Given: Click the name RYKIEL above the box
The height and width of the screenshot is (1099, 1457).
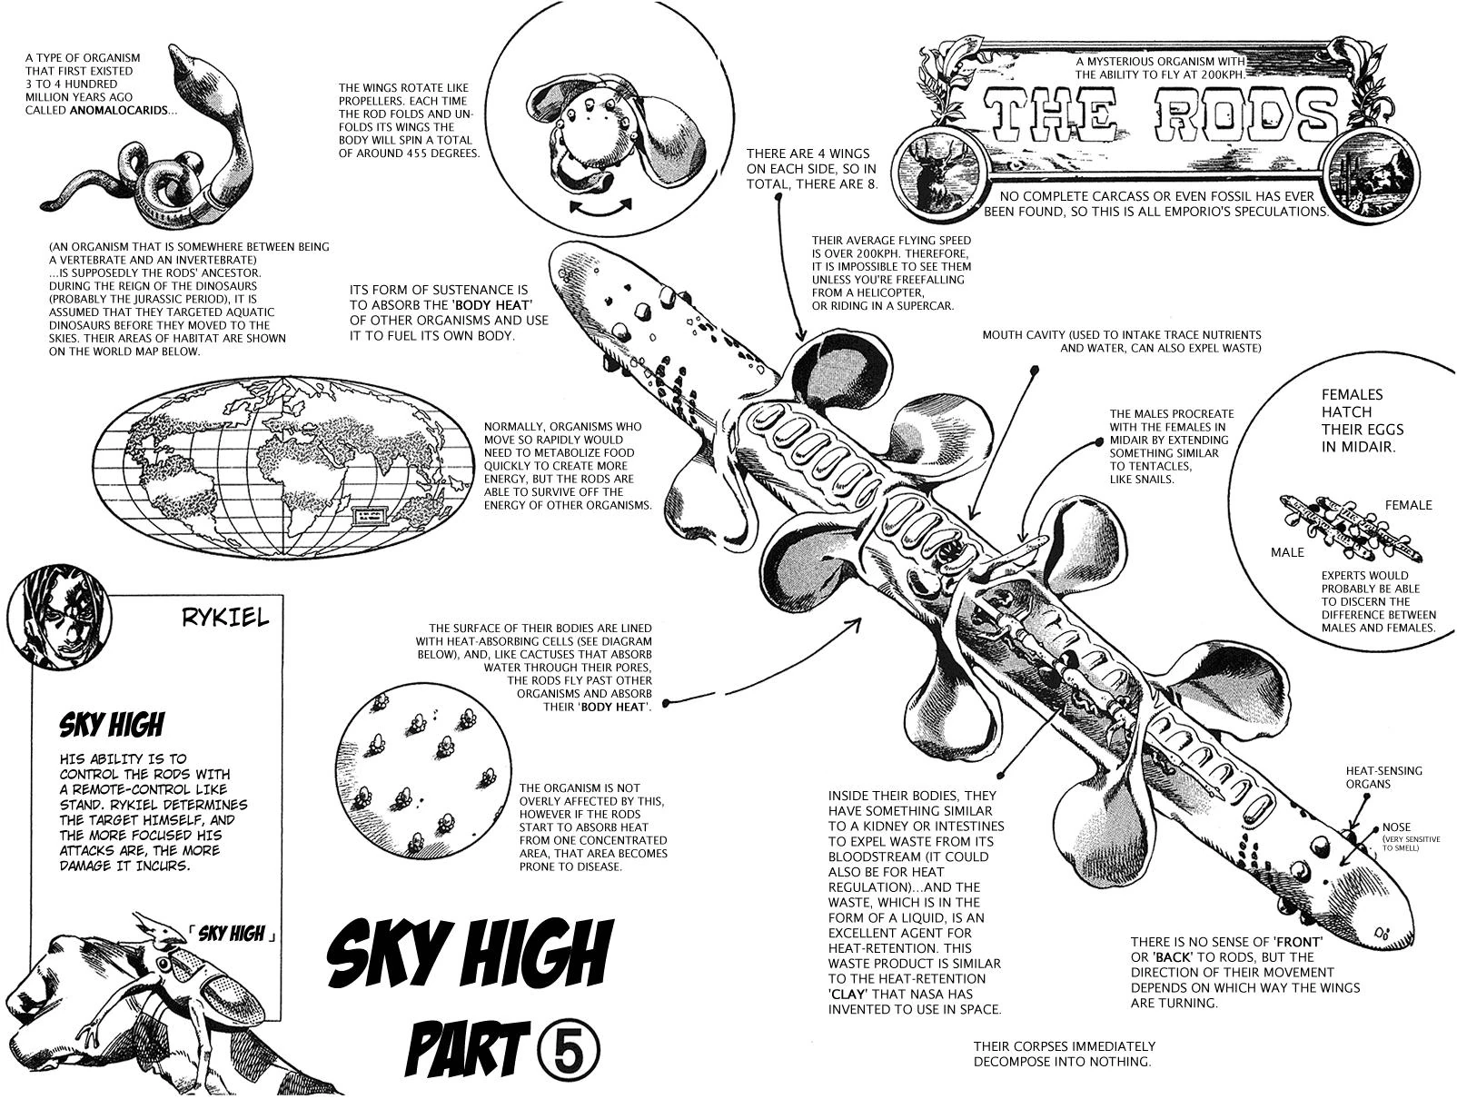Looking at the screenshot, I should pos(226,618).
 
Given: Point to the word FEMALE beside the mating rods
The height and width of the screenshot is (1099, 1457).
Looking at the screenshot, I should pos(1407,505).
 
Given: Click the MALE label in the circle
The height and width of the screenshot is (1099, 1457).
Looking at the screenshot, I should pos(1286,552).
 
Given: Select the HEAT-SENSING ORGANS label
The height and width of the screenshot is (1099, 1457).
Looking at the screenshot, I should pos(1383,777).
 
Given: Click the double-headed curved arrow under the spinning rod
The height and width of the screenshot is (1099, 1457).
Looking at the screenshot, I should pos(600,207).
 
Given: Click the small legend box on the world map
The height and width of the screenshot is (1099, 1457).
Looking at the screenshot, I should pos(370,515).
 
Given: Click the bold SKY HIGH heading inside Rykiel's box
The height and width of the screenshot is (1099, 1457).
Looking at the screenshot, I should pos(112,725).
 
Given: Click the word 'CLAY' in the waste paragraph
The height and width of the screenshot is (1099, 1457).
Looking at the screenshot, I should pos(850,994).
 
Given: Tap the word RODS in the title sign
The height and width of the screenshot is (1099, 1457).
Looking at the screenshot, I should pos(1232,115).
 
